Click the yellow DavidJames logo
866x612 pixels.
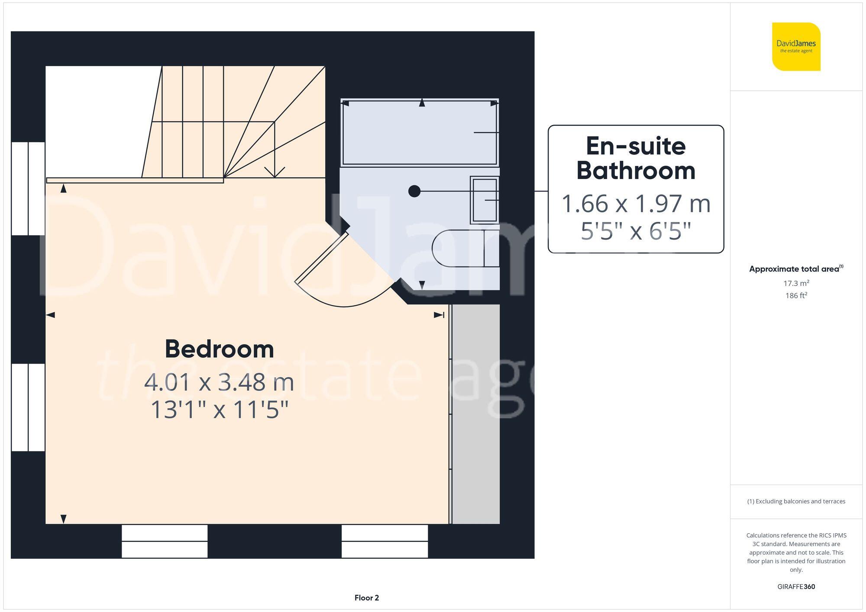(796, 47)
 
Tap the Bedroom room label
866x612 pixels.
(220, 349)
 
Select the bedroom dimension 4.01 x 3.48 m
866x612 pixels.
(219, 382)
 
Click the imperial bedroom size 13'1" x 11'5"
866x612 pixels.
(219, 410)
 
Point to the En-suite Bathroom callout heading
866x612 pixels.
(636, 158)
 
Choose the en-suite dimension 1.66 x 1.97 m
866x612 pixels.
(636, 204)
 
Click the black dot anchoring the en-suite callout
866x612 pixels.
(414, 191)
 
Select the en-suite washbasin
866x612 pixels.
(485, 200)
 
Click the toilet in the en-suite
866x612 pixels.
(463, 248)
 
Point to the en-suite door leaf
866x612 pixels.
(321, 258)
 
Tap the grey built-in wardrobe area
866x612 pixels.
(475, 414)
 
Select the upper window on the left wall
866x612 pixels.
(28, 188)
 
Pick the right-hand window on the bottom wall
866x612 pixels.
(385, 541)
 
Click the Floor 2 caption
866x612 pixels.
(366, 598)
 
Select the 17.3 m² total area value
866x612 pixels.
(796, 283)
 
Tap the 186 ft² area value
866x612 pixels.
(796, 296)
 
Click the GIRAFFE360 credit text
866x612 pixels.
(796, 587)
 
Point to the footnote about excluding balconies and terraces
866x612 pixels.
(796, 501)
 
